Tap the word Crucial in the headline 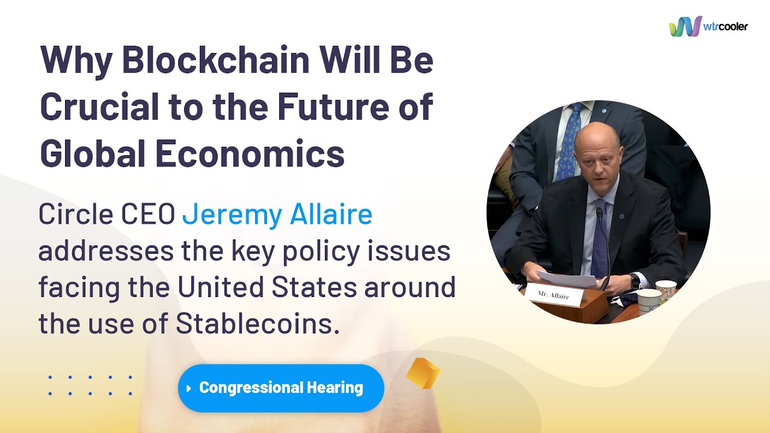point(99,106)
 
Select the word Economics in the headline point(250,153)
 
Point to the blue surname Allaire point(331,213)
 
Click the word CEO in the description point(148,213)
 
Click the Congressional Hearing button point(281,388)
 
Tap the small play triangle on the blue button point(189,388)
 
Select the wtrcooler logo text point(725,26)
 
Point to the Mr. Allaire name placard point(554,295)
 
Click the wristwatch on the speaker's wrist point(635,281)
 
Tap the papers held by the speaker point(567,279)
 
